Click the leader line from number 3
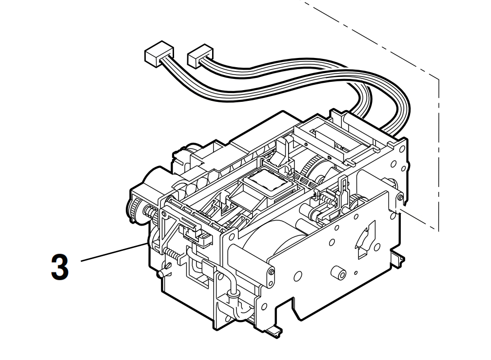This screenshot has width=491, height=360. tap(112, 252)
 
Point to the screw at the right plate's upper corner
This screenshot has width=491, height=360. tap(400, 197)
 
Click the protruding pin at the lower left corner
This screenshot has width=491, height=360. tap(161, 273)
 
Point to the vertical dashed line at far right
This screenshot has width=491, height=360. tap(439, 156)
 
